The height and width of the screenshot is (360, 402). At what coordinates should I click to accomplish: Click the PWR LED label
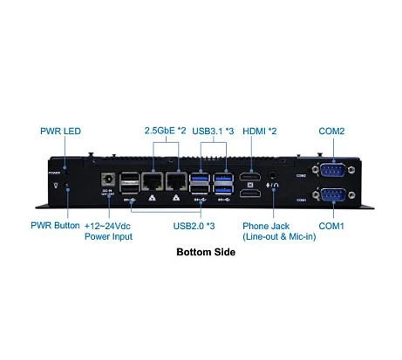(x=60, y=132)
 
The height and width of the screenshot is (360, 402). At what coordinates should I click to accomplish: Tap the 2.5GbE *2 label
(x=165, y=132)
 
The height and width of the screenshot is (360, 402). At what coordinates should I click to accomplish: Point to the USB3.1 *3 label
(x=213, y=132)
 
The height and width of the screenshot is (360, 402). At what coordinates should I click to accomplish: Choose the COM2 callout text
(x=331, y=132)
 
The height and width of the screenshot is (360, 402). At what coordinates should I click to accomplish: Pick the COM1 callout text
(x=331, y=226)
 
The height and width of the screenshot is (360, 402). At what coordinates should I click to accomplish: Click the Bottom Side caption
(x=206, y=254)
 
